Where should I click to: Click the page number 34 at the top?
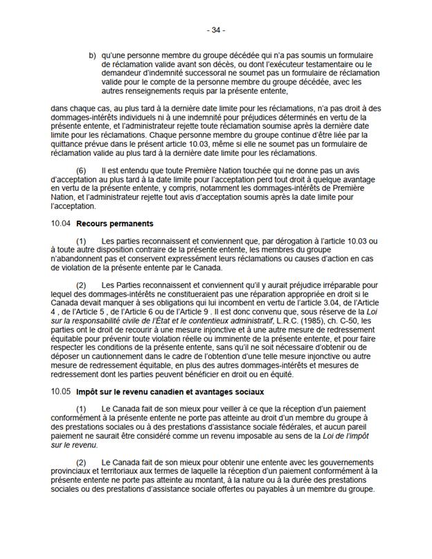tap(216, 30)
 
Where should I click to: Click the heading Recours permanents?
tap(115, 224)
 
